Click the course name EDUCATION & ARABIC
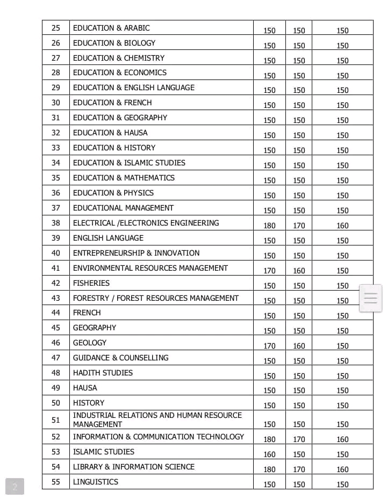111,28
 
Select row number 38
56,223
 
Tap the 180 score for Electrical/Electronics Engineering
269,226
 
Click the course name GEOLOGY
90,343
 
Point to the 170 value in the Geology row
269,346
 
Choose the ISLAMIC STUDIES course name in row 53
104,452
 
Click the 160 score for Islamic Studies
269,454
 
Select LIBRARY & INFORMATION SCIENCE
134,467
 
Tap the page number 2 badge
15,487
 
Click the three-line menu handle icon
371,298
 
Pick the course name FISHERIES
91,283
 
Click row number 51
56,420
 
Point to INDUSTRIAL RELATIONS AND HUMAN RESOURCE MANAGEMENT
157,420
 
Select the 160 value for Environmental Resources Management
299,271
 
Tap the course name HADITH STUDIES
103,373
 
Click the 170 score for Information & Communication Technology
299,439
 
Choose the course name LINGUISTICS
96,482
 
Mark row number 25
56,28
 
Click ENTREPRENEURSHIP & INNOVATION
136,253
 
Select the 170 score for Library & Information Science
299,469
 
